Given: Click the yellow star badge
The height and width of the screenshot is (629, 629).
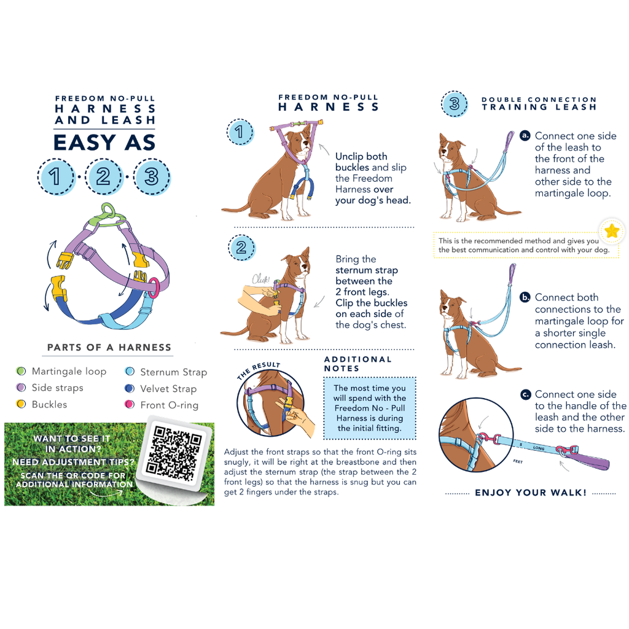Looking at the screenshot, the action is (x=612, y=231).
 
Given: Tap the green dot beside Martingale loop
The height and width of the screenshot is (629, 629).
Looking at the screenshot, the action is (x=21, y=371).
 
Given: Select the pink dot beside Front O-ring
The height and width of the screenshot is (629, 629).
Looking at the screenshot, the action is (x=130, y=404).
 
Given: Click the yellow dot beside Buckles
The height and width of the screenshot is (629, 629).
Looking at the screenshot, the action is (x=21, y=404).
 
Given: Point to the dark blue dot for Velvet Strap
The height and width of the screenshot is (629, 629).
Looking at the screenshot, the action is (x=130, y=388).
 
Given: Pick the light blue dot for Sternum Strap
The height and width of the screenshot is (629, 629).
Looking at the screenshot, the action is (x=130, y=372).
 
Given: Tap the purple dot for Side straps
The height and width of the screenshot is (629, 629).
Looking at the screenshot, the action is (x=21, y=388).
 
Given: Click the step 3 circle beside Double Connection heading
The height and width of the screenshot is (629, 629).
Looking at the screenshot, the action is (x=454, y=104).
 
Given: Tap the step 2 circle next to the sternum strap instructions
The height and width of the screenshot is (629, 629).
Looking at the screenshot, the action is (x=241, y=248).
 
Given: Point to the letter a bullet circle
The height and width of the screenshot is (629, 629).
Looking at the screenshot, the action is (x=525, y=136).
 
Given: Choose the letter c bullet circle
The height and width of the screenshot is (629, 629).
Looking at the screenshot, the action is (x=525, y=395).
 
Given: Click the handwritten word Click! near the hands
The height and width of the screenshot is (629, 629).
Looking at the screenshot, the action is (x=260, y=279).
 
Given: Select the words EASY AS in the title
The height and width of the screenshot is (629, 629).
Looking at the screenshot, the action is (x=104, y=143).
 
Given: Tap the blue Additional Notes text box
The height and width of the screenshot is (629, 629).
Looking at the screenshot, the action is (x=369, y=408).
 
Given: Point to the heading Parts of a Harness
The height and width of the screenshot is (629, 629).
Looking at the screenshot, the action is (x=109, y=348).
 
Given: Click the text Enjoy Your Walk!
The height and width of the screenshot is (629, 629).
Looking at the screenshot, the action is (x=530, y=493).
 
